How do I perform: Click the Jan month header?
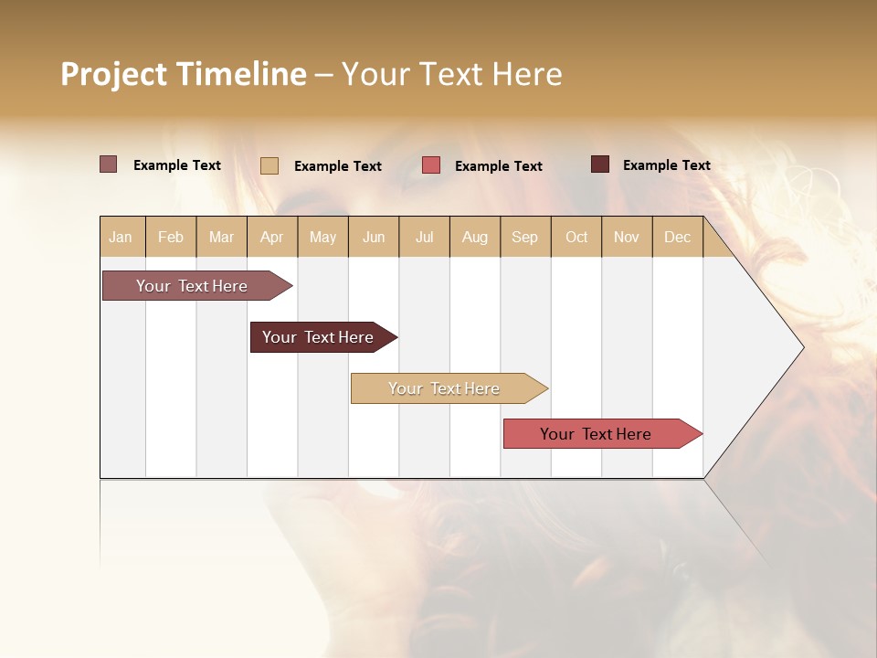[121, 237]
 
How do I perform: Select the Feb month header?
[171, 237]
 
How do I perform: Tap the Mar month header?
[221, 237]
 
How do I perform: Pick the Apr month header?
[272, 237]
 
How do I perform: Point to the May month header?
[322, 237]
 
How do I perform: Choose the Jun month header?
[374, 237]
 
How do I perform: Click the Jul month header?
[424, 237]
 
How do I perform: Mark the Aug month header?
[475, 237]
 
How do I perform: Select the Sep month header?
[525, 237]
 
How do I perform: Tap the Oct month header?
[576, 237]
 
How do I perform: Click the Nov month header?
[627, 237]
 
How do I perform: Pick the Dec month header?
[677, 237]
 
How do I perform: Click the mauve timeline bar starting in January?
[193, 286]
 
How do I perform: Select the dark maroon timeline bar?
[319, 337]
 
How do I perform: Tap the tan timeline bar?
[445, 388]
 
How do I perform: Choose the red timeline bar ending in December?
[597, 434]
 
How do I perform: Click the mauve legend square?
[109, 164]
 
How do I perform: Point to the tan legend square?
[269, 165]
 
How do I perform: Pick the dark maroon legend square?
[600, 164]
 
